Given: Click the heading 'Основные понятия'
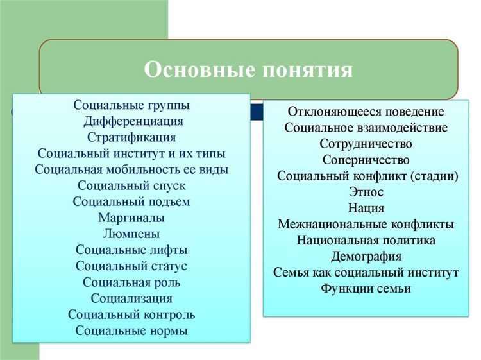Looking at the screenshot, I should (x=248, y=69).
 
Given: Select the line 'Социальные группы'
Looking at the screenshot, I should (x=131, y=105).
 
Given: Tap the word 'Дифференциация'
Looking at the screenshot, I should (x=133, y=121).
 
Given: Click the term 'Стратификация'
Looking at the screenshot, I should (x=131, y=137).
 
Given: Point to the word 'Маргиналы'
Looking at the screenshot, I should (x=131, y=218).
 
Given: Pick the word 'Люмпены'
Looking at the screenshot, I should (x=131, y=234).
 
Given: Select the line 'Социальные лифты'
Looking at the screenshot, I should (x=131, y=250).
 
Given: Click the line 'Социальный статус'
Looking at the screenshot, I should (x=131, y=266).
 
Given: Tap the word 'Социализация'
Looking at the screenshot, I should (x=131, y=298).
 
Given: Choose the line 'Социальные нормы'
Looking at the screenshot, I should (x=131, y=331).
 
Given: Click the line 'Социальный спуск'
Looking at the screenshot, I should (x=131, y=185).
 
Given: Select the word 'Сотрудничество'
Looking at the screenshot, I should (x=366, y=144).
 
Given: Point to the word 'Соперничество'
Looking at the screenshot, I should (x=366, y=160).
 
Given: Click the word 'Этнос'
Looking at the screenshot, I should (x=366, y=192).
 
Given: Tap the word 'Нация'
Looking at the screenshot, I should (x=366, y=208).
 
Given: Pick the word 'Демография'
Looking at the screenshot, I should (x=366, y=257).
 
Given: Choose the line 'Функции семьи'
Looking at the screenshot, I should (x=366, y=289).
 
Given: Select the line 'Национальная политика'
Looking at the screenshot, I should (x=366, y=241).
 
